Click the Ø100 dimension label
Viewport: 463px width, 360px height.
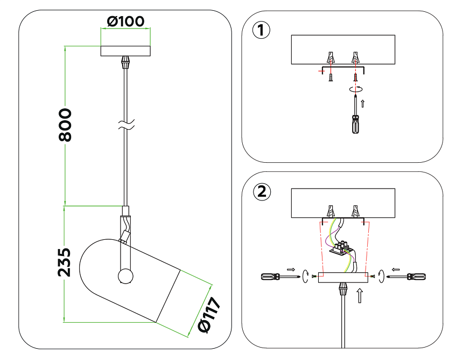(125, 22)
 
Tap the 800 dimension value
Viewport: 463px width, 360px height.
(65, 125)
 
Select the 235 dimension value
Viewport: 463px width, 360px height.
(64, 262)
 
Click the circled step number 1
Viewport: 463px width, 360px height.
(261, 30)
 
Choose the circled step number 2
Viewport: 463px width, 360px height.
(261, 191)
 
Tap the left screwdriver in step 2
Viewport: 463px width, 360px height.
(279, 277)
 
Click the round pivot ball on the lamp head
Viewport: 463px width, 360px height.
(125, 276)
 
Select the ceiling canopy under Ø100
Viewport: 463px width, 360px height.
(126, 51)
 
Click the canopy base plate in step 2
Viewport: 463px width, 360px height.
(343, 278)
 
